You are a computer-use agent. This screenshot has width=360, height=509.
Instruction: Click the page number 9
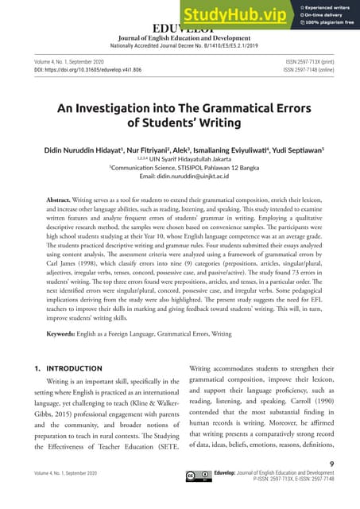coord(330,462)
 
